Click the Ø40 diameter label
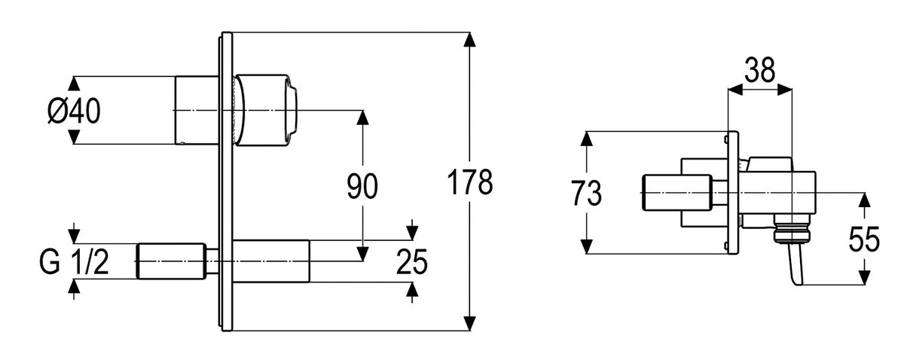tap(75, 111)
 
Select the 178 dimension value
tap(470, 182)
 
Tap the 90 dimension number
tap(362, 186)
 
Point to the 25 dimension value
tap(411, 262)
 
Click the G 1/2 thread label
tap(75, 262)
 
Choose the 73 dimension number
tap(586, 194)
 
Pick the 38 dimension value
tap(759, 70)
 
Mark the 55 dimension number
tap(864, 239)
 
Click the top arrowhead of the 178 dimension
tap(470, 40)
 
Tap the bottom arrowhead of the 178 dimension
tap(470, 324)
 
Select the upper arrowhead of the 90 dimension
tap(363, 117)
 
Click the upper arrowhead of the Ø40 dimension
tap(73, 84)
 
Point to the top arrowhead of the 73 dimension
tap(586, 139)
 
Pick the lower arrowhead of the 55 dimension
tap(863, 278)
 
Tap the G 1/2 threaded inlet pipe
tap(171, 261)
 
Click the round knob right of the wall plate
tap(267, 110)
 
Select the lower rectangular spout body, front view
tap(271, 261)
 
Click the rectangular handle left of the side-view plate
tap(676, 193)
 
